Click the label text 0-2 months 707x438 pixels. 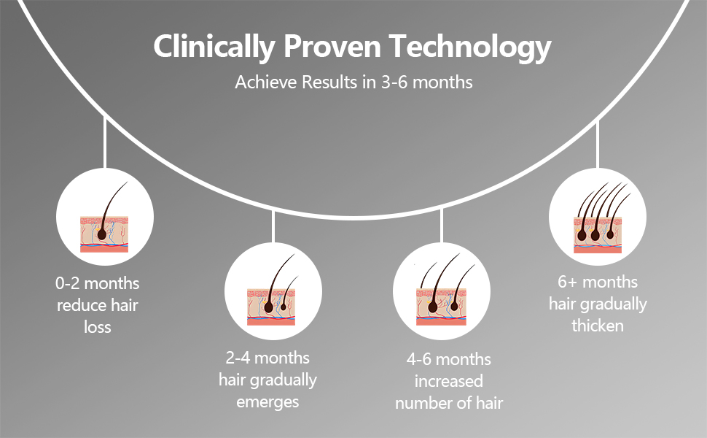pyautogui.click(x=97, y=283)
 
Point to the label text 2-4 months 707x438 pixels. pyautogui.click(x=267, y=358)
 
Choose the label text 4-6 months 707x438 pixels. pyautogui.click(x=448, y=359)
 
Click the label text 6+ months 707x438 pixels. pyautogui.click(x=598, y=282)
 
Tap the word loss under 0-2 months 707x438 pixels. pyautogui.click(x=97, y=326)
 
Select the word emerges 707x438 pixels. pyautogui.click(x=267, y=401)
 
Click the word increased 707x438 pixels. pyautogui.click(x=448, y=381)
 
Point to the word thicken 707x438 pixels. pyautogui.click(x=598, y=326)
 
